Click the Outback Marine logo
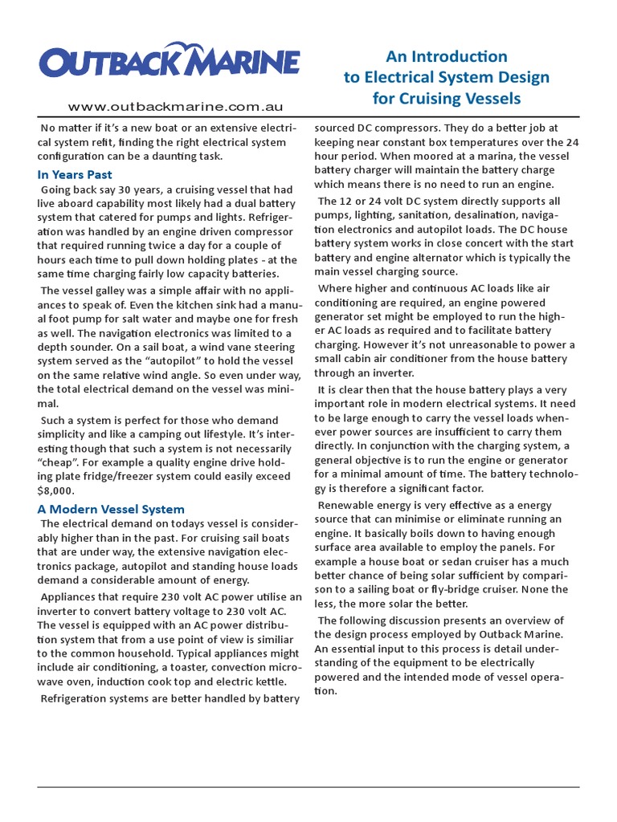coord(170,61)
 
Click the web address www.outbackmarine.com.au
coord(175,107)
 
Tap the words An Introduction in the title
coord(447,56)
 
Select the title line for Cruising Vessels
coord(447,99)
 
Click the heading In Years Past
coord(75,174)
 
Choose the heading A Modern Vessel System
coord(111,509)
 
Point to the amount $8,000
coord(56,490)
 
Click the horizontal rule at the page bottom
coord(308,788)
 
